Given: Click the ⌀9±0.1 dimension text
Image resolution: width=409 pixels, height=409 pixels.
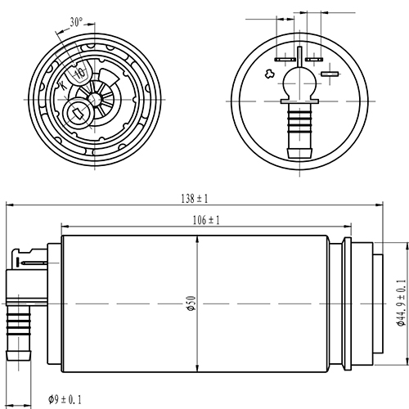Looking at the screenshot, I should (x=65, y=399).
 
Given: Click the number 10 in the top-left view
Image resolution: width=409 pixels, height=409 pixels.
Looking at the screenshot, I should (x=79, y=74).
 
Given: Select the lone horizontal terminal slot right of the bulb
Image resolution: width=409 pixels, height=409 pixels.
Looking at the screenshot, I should (x=330, y=75).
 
